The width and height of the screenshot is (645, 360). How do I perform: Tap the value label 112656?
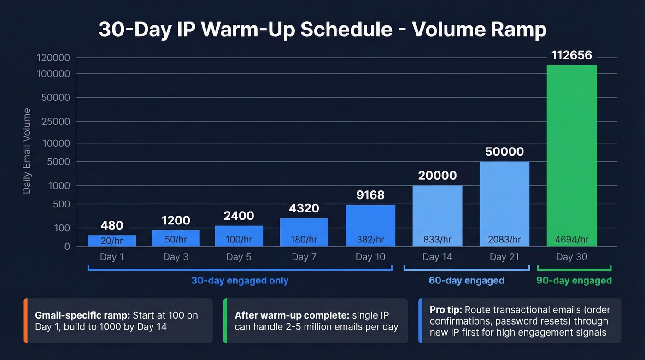point(571,55)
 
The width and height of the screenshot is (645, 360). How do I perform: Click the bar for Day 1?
point(112,241)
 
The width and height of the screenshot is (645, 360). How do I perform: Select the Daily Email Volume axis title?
point(27,151)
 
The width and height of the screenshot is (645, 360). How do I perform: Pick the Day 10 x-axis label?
point(370,257)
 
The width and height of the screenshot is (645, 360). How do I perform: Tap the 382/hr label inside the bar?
point(370,239)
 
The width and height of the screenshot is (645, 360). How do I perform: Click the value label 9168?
point(370,195)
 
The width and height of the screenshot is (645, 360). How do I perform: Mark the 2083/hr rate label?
point(504,239)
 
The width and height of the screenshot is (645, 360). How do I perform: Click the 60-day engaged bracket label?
point(466,280)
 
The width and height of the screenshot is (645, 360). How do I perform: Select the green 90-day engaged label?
point(574,280)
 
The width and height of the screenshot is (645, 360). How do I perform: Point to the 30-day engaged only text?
point(240,280)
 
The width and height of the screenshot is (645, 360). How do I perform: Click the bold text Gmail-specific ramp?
point(82,316)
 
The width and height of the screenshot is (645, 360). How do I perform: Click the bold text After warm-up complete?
point(292,316)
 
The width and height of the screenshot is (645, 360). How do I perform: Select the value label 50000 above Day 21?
point(504,152)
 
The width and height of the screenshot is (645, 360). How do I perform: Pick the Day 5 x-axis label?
point(239,257)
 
